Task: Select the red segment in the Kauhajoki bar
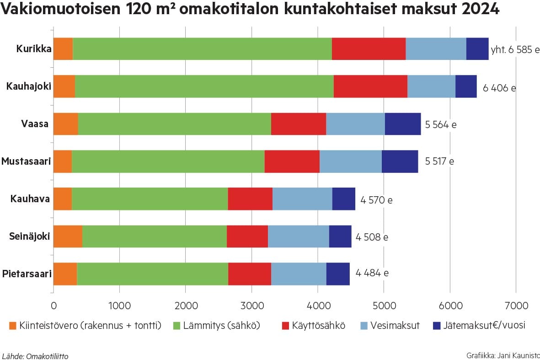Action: pos(370,86)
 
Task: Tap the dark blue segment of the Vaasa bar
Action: pos(403,124)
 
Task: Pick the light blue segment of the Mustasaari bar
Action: pos(351,161)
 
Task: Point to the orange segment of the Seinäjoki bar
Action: pos(68,236)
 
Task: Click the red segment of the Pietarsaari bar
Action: pos(250,274)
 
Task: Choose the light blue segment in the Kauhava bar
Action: pos(302,199)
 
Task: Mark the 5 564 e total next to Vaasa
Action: pos(441,124)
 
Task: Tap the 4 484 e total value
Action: pos(372,273)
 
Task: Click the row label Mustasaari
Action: pos(26,161)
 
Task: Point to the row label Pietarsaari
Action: pos(27,274)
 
